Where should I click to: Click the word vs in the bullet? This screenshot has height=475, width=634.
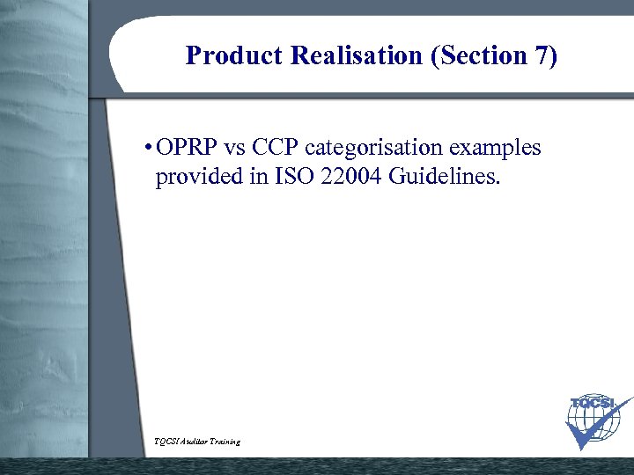pyautogui.click(x=239, y=148)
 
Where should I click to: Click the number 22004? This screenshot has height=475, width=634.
pyautogui.click(x=349, y=178)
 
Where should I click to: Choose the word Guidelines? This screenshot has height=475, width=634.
pyautogui.click(x=445, y=178)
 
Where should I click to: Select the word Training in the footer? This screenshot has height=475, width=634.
pyautogui.click(x=225, y=441)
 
